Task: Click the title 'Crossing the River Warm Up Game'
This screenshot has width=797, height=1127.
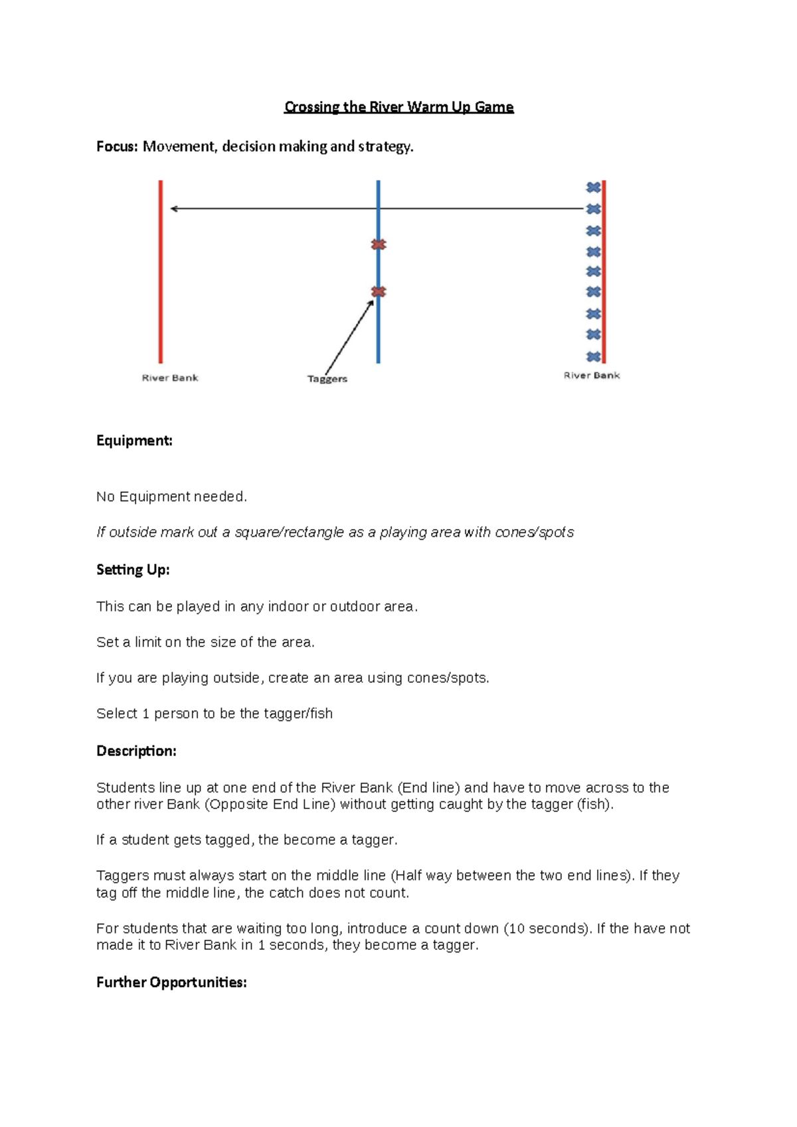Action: [398, 107]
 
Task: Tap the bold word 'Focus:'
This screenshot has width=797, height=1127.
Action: [117, 147]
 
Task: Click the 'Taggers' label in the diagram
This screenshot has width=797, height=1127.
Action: [327, 379]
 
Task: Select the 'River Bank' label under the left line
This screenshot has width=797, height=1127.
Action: [170, 378]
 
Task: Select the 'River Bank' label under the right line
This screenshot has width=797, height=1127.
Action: [591, 376]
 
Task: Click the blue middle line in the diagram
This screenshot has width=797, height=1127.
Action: [378, 332]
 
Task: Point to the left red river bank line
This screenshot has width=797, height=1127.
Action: [161, 279]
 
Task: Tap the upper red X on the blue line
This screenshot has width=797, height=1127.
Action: [379, 245]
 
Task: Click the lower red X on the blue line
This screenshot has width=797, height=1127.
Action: [379, 292]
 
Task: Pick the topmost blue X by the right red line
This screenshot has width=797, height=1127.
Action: [593, 188]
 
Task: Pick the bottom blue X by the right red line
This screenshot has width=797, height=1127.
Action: [593, 356]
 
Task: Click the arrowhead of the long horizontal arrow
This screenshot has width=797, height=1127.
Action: [174, 209]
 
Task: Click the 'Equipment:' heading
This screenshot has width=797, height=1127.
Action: [134, 441]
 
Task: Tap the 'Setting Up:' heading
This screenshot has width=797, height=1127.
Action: [133, 569]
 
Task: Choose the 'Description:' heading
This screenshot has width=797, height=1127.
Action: [136, 751]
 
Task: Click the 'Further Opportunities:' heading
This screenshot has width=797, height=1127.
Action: [171, 982]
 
